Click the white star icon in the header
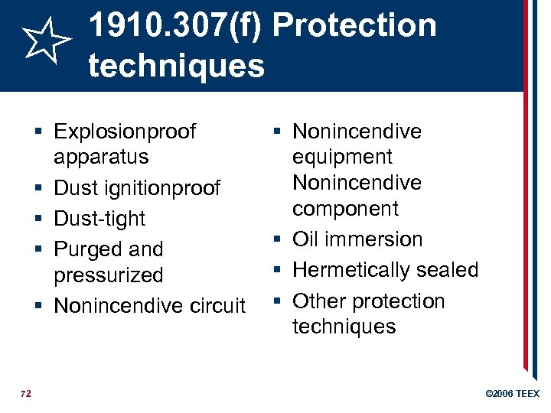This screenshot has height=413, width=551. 44,42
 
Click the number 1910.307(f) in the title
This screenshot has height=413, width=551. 176,25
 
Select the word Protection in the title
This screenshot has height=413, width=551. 354,25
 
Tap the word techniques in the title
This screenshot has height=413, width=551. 176,66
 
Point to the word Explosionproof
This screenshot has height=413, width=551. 125,132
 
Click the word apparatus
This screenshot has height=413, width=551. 101,157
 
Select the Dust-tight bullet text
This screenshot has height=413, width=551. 99,219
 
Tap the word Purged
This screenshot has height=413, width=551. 86,249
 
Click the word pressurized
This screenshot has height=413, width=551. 109,275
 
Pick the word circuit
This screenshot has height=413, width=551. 214,306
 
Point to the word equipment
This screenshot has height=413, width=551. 342,157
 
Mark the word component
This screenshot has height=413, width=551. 346,208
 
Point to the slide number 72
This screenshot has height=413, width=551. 26,393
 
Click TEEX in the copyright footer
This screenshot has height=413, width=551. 527,394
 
